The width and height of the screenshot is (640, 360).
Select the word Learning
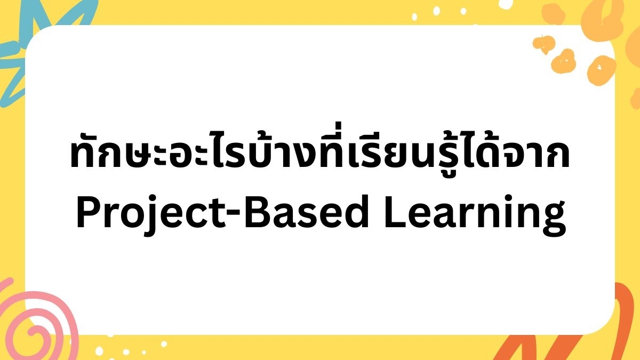coord(475,215)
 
